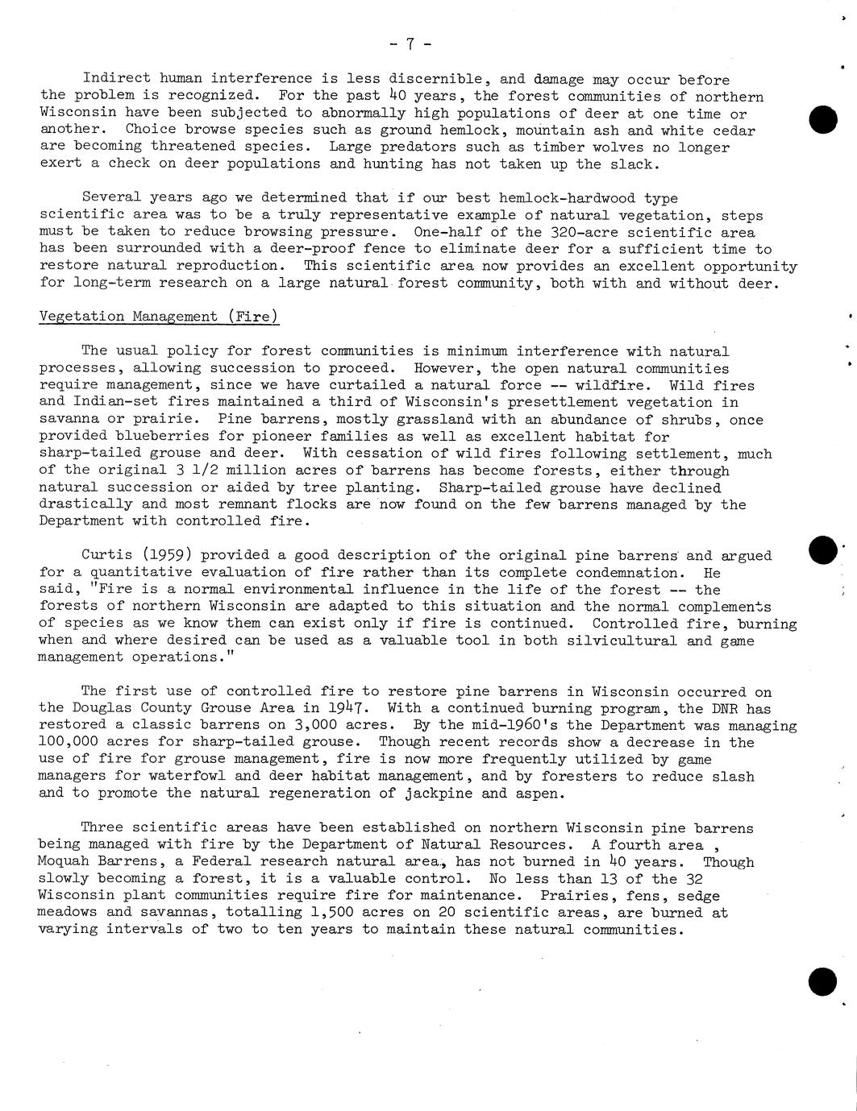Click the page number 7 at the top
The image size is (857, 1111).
point(410,44)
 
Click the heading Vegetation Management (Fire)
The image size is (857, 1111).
point(159,317)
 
